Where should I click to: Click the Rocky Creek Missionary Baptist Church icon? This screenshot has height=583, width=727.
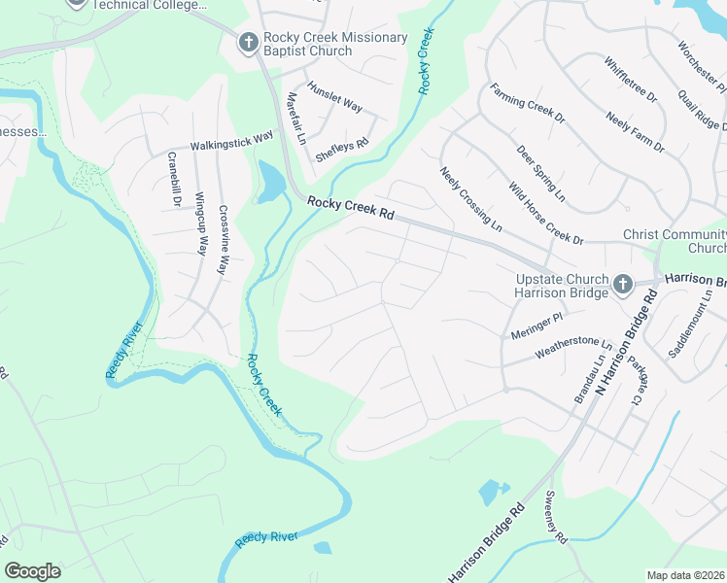tap(248, 43)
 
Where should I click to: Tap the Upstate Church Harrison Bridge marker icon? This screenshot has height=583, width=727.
tap(623, 285)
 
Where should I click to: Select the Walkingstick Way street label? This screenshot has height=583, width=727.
tap(231, 142)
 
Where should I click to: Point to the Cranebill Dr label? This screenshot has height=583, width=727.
tap(175, 180)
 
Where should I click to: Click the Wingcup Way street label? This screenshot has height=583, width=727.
tap(200, 223)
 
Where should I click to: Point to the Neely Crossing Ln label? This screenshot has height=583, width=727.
tap(470, 199)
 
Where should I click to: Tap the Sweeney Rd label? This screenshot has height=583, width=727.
tap(557, 525)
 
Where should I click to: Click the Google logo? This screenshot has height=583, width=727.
tap(33, 571)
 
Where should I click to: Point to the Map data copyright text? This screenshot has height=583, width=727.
tap(685, 575)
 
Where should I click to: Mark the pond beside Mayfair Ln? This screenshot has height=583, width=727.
tap(269, 181)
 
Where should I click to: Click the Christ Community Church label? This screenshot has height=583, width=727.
tap(674, 241)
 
